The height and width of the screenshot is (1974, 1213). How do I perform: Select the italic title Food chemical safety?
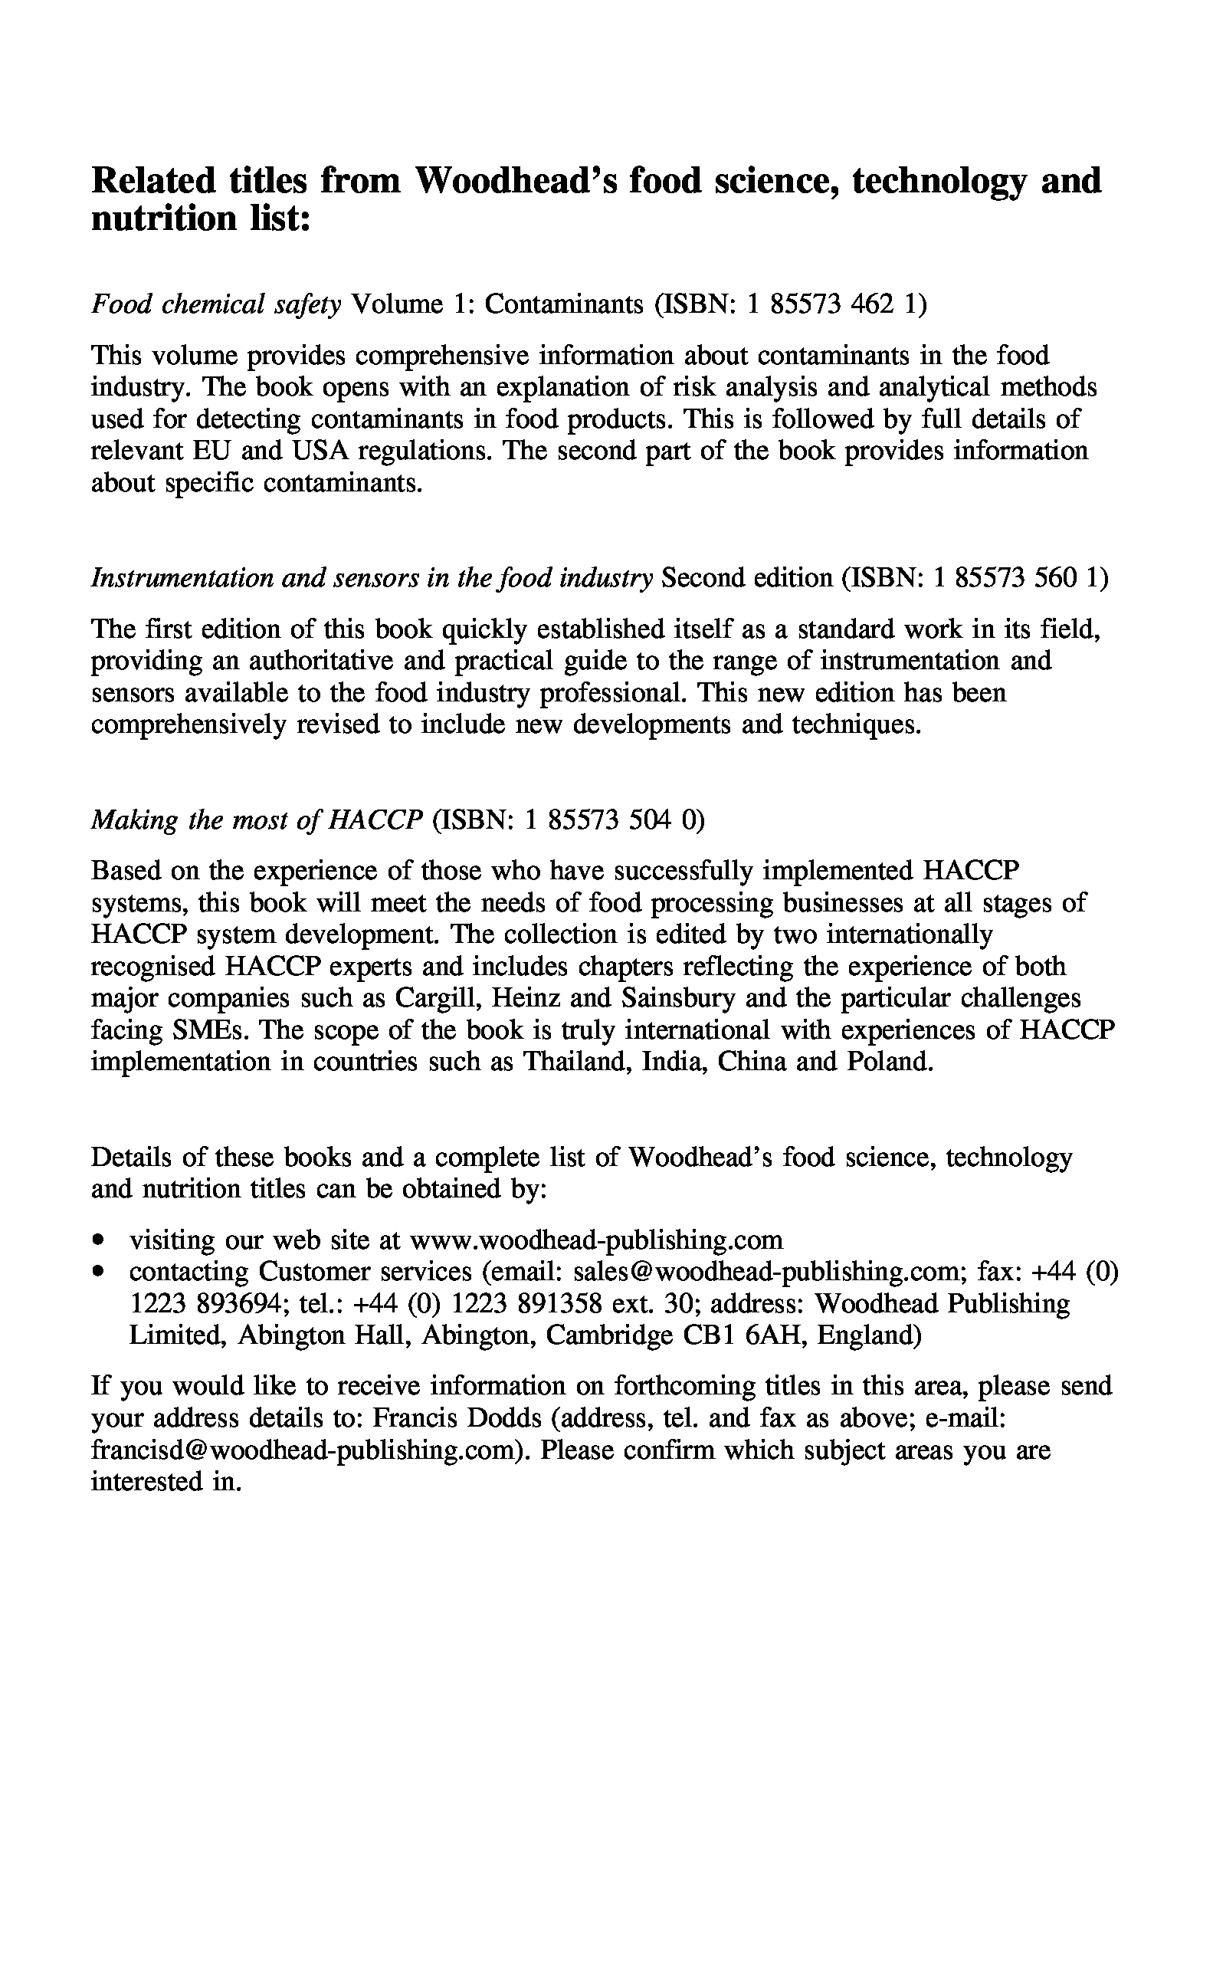pyautogui.click(x=217, y=304)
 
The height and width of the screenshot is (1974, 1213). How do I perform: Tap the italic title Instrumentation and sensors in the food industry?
pyautogui.click(x=372, y=578)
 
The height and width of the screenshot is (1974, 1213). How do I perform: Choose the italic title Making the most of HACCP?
pyautogui.click(x=257, y=819)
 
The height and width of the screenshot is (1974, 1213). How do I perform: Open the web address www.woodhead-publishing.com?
pyautogui.click(x=596, y=1240)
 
